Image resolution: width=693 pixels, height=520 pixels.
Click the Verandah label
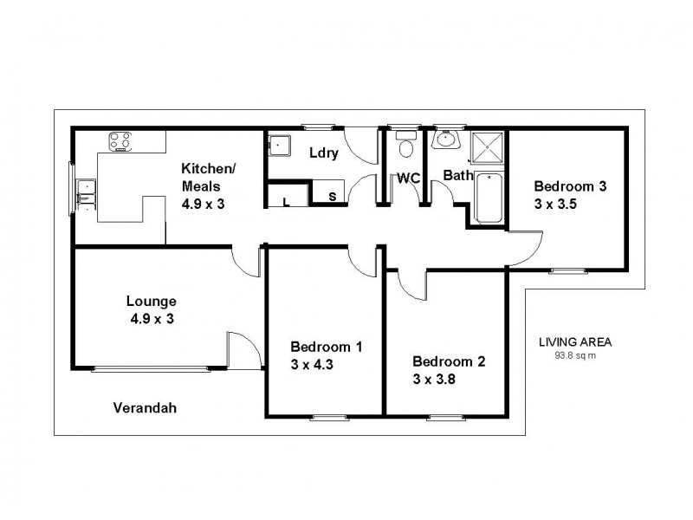click(x=145, y=407)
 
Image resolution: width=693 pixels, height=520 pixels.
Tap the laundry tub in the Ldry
click(x=280, y=147)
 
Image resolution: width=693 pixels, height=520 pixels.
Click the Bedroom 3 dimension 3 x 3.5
click(x=555, y=205)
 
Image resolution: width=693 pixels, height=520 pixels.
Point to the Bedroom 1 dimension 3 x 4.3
click(x=313, y=364)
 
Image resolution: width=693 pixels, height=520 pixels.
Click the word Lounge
click(x=151, y=301)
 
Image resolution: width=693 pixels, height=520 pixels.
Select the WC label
click(x=408, y=179)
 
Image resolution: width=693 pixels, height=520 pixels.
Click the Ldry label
click(x=322, y=153)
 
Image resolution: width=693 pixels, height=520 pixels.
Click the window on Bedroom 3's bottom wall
click(x=567, y=271)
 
